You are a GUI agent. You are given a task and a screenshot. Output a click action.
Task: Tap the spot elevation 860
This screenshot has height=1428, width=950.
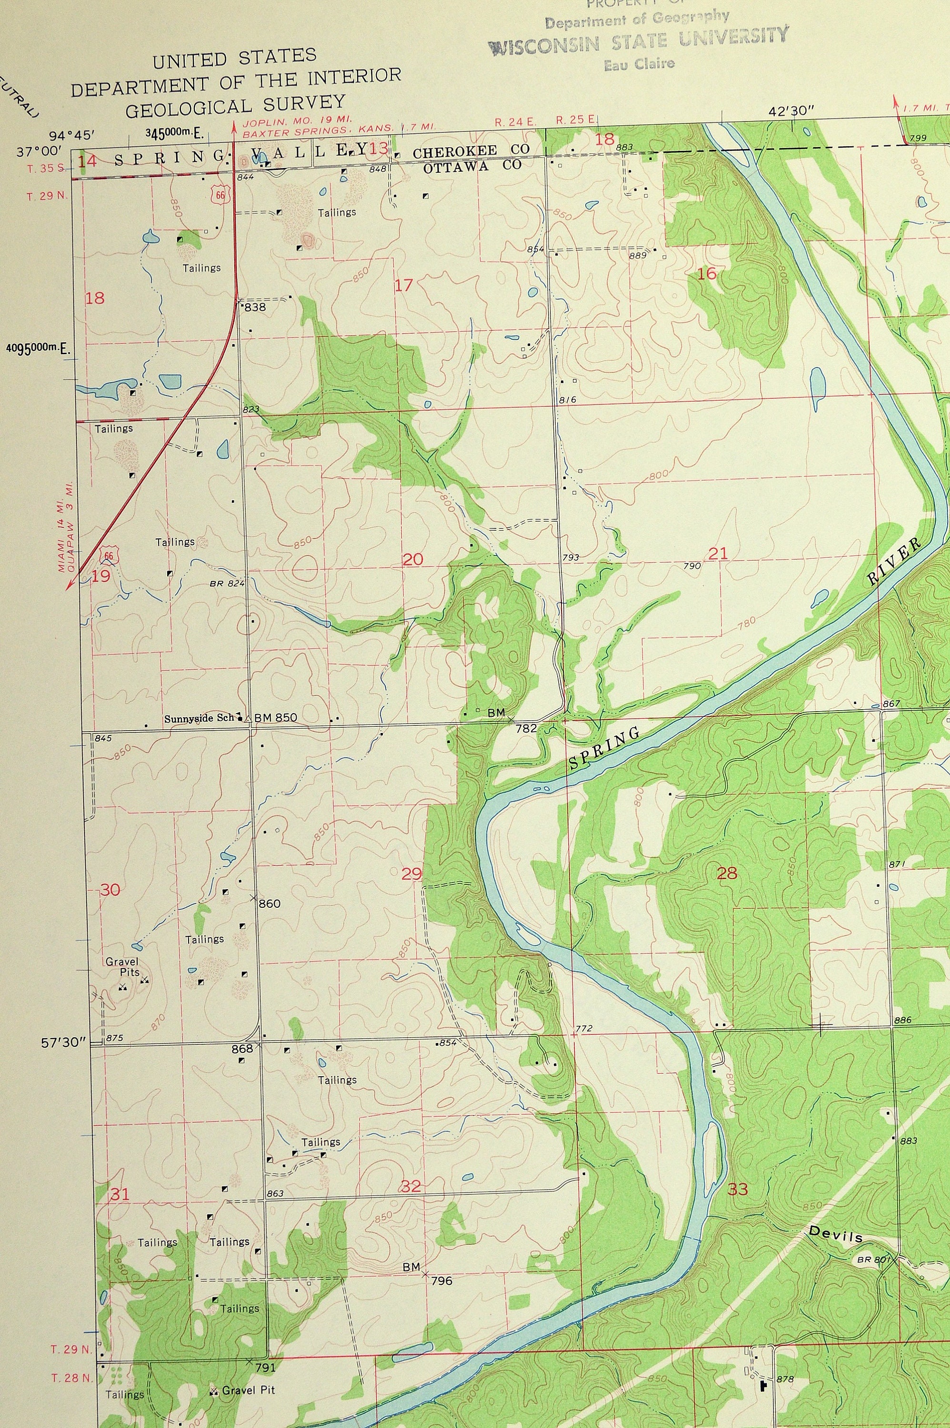(270, 904)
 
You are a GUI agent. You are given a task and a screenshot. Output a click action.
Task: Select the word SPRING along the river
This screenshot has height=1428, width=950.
(604, 749)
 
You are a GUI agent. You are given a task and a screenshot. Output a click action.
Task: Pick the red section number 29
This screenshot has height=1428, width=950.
(412, 874)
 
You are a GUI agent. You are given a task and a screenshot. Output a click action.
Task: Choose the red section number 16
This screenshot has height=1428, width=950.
(707, 274)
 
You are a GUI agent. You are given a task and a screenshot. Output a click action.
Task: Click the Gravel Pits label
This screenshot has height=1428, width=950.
(122, 967)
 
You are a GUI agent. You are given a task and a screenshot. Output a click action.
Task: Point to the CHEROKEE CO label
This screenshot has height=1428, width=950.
(471, 151)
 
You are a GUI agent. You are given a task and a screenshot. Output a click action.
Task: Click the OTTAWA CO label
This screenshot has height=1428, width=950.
(471, 167)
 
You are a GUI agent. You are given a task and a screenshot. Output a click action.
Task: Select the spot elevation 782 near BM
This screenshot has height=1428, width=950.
(526, 729)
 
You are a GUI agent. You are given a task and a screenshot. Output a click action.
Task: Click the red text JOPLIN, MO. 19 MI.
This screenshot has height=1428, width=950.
(297, 120)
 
